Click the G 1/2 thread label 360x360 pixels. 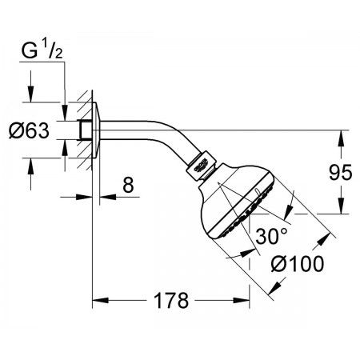pos(42,50)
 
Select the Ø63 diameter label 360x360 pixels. pos(29,130)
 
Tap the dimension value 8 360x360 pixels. pos(128,185)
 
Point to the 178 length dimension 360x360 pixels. pos(171,301)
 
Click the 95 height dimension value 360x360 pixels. pos(341,173)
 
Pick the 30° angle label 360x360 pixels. pos(272,236)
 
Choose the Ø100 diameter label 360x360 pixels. pos(298,264)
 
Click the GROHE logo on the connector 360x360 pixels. pos(201,166)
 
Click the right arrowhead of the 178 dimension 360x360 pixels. pos(242,301)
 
